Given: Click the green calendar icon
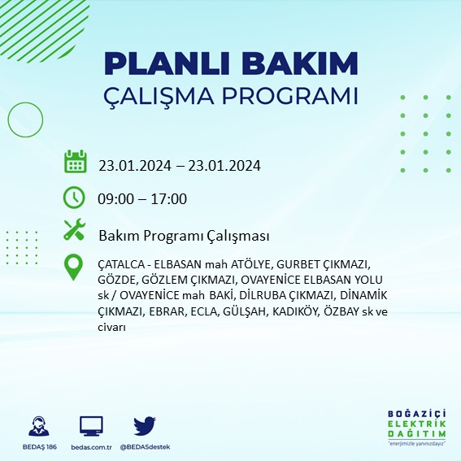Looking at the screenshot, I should click(75, 162).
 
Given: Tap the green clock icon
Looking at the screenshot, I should click(75, 198).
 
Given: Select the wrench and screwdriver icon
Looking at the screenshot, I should click(75, 231).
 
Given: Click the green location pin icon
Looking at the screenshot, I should click(75, 266).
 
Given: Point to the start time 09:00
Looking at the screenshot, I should click(115, 199).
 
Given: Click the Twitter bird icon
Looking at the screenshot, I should click(144, 425).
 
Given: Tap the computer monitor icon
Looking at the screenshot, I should click(91, 425).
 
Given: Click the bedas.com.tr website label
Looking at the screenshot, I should click(91, 447).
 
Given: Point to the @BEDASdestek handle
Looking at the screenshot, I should click(145, 447).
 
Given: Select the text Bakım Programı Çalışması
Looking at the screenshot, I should click(184, 236).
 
